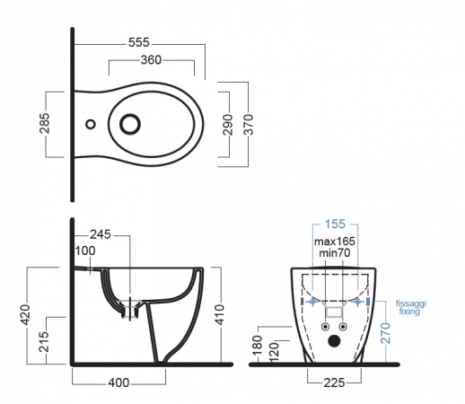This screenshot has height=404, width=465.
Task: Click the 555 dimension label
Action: pyautogui.click(x=138, y=42)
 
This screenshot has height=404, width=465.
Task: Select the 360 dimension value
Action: pyautogui.click(x=151, y=60)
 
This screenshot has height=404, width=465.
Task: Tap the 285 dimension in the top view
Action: pyautogui.click(x=45, y=123)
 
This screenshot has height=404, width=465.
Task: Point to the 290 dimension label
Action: pyautogui.click(x=228, y=125)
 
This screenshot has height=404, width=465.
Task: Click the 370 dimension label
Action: pyautogui.click(x=249, y=125)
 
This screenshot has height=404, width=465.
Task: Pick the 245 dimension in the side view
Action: pyautogui.click(x=101, y=234)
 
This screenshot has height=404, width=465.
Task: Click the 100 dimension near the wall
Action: pyautogui.click(x=85, y=250)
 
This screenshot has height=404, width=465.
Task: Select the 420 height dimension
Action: pyautogui.click(x=25, y=314)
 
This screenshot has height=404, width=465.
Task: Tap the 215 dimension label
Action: pyautogui.click(x=44, y=341)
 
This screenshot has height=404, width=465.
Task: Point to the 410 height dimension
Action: pyautogui.click(x=220, y=314)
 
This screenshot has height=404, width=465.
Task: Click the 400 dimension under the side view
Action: pyautogui.click(x=118, y=382)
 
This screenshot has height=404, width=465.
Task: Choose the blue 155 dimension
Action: pyautogui.click(x=335, y=224)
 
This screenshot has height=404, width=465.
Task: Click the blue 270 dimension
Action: pyautogui.click(x=386, y=333)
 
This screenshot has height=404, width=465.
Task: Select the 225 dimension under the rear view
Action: pyautogui.click(x=334, y=382)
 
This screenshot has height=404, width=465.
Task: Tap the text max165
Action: pyautogui.click(x=335, y=242)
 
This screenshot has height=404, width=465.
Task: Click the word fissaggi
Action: pyautogui.click(x=411, y=303)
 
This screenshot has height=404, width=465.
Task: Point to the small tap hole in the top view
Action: pyautogui.click(x=91, y=124)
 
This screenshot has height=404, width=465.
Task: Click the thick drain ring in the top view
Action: pyautogui.click(x=130, y=114)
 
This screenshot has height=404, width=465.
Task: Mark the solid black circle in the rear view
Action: pyautogui.click(x=334, y=341)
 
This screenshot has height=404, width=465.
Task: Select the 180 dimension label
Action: pyautogui.click(x=258, y=345)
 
